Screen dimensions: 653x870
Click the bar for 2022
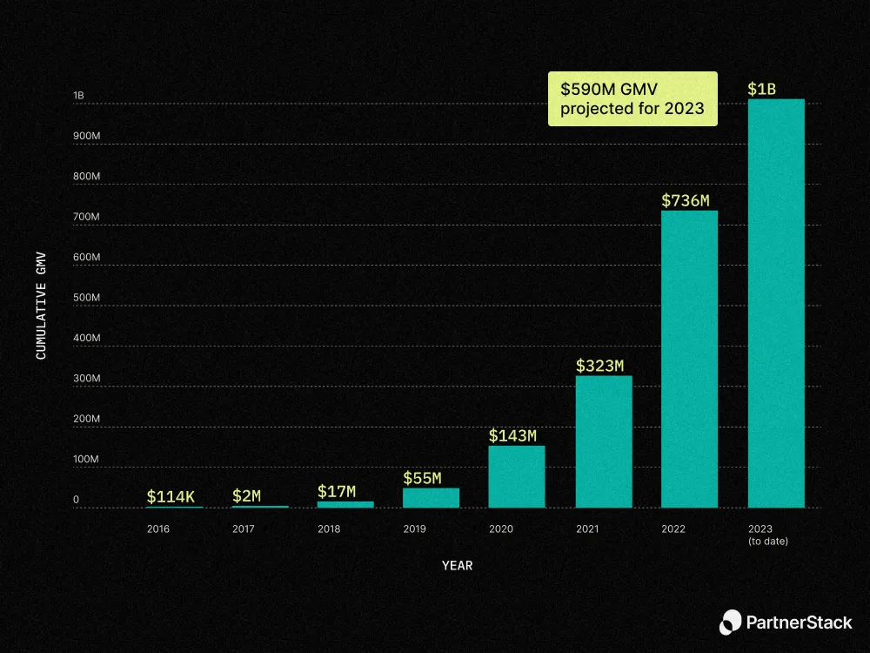689,359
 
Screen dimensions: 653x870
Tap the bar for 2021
603,441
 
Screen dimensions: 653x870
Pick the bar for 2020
517,476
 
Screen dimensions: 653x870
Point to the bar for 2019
431,497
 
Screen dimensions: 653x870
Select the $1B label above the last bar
761,89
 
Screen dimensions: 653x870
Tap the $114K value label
170,496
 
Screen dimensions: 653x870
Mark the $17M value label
337,492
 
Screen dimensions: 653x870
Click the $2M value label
246,496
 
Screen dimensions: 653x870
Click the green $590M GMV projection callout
632,98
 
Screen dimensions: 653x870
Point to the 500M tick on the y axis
86,298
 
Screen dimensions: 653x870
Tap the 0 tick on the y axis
77,500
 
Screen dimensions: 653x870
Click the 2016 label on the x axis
158,529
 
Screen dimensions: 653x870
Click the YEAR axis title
457,566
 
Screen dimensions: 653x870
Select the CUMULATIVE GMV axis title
41,306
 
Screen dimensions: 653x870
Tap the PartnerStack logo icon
731,622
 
